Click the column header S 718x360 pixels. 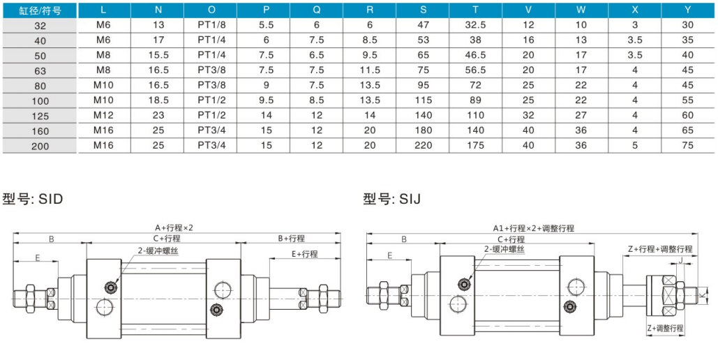click(424, 10)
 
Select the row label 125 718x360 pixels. click(40, 115)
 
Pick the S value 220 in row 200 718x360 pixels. click(424, 145)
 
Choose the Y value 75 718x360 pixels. click(688, 145)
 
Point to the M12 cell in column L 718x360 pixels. click(103, 114)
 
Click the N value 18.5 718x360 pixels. click(159, 100)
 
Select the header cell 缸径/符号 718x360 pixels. click(40, 10)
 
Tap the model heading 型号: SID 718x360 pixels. click(33, 199)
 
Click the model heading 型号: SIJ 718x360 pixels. click(391, 199)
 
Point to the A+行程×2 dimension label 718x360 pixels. click(174, 228)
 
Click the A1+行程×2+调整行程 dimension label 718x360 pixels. click(533, 228)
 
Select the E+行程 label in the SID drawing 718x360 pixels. click(304, 254)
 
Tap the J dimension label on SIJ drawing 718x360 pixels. click(681, 261)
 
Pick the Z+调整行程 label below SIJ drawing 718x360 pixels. click(664, 328)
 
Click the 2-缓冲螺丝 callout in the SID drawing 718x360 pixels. click(158, 250)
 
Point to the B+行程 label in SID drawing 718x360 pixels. click(291, 239)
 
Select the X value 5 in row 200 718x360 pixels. click(635, 145)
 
